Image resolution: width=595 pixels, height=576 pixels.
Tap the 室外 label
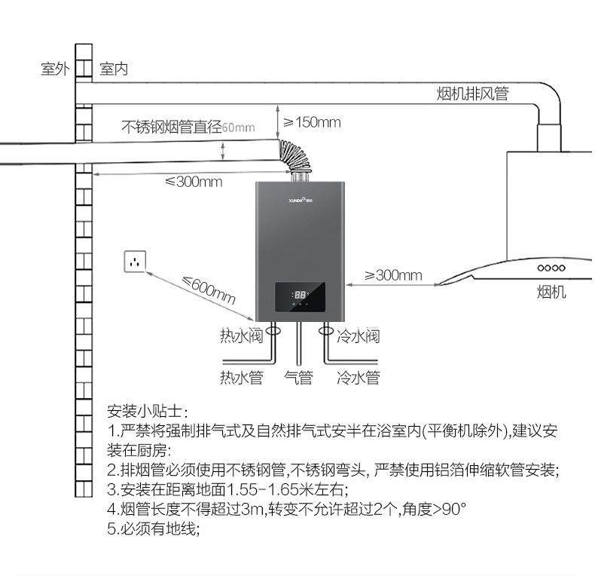[55, 69]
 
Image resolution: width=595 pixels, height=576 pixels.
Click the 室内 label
[113, 69]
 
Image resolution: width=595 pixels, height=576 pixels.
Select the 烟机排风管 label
[473, 94]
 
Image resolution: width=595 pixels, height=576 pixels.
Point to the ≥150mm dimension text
[311, 122]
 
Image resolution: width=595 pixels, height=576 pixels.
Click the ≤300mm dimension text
[194, 182]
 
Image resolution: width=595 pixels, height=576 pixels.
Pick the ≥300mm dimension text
[393, 275]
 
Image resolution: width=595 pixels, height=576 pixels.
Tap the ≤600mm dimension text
[209, 289]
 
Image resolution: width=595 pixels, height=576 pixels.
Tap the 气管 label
[298, 377]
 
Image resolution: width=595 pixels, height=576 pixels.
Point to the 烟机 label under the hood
[552, 292]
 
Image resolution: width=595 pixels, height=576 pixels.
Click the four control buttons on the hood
[551, 268]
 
